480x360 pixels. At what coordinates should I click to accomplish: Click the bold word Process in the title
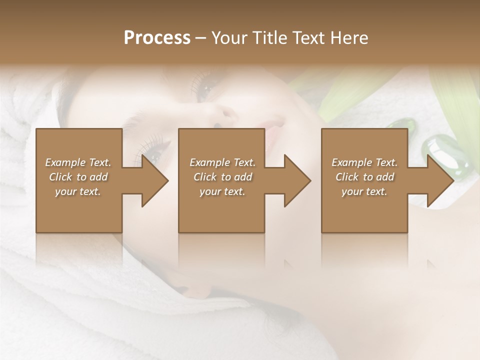(x=157, y=38)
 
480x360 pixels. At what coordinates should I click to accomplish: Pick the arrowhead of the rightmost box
(x=440, y=180)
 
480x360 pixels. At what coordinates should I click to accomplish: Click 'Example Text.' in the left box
(x=78, y=162)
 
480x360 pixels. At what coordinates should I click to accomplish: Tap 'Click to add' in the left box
(x=78, y=177)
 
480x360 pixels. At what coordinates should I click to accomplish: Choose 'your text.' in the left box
(x=78, y=191)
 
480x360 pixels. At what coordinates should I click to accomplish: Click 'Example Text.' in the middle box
(x=222, y=162)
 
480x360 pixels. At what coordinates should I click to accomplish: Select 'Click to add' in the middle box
(x=222, y=177)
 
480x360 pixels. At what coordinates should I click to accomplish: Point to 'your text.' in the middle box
(x=222, y=191)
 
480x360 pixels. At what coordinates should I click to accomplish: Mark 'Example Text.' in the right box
(x=364, y=162)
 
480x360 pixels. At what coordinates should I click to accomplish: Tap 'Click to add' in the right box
(x=364, y=177)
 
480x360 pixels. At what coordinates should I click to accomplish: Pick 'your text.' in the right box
(x=364, y=191)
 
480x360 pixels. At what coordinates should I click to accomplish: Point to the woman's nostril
(x=218, y=124)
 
